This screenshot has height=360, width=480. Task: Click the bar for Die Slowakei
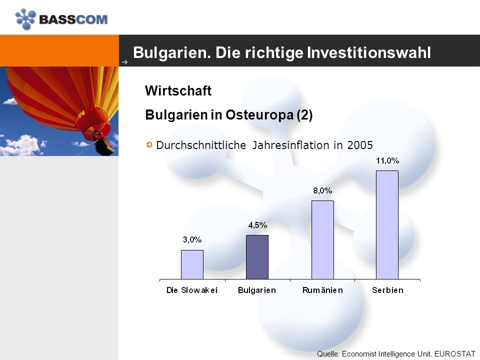[x=192, y=264]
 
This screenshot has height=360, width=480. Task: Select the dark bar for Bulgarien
[x=257, y=257]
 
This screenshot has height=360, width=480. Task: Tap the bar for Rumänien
[x=322, y=240]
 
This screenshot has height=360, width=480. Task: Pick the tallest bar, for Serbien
[x=387, y=225]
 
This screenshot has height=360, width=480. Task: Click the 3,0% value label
[x=192, y=239]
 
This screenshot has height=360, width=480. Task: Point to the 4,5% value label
[x=257, y=225]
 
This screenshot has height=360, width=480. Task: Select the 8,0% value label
[x=322, y=190]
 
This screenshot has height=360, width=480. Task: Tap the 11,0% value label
[x=387, y=160]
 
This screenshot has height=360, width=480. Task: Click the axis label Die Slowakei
[x=192, y=290]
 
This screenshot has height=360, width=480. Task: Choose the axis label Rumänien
[x=322, y=290]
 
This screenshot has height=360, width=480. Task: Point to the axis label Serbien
[x=388, y=290]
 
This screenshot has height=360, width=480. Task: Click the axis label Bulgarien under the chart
[x=257, y=290]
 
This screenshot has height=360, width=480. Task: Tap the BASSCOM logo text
[x=73, y=19]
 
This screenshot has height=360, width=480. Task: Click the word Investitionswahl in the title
[x=369, y=52]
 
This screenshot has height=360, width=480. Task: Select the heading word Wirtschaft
[x=178, y=90]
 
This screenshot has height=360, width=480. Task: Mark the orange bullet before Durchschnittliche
[x=149, y=144]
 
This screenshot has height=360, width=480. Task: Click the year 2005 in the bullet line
[x=360, y=145]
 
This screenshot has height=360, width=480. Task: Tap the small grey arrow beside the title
[x=125, y=62]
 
